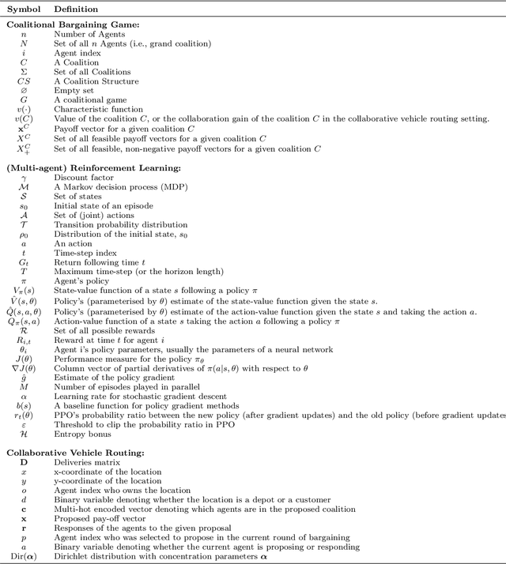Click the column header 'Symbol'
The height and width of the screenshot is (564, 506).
pos(23,10)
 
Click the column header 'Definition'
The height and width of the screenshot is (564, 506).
pos(76,10)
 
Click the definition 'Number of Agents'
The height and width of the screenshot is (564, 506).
pos(84,35)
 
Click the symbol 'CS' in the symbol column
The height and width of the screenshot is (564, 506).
pos(23,81)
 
